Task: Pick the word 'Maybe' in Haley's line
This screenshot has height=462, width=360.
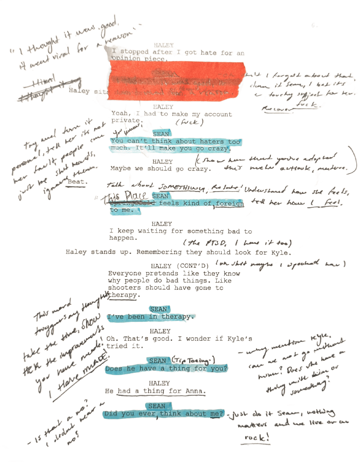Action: click(x=120, y=169)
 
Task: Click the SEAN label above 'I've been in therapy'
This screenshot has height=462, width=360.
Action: click(x=158, y=309)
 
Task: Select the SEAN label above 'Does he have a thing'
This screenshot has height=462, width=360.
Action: click(x=158, y=361)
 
